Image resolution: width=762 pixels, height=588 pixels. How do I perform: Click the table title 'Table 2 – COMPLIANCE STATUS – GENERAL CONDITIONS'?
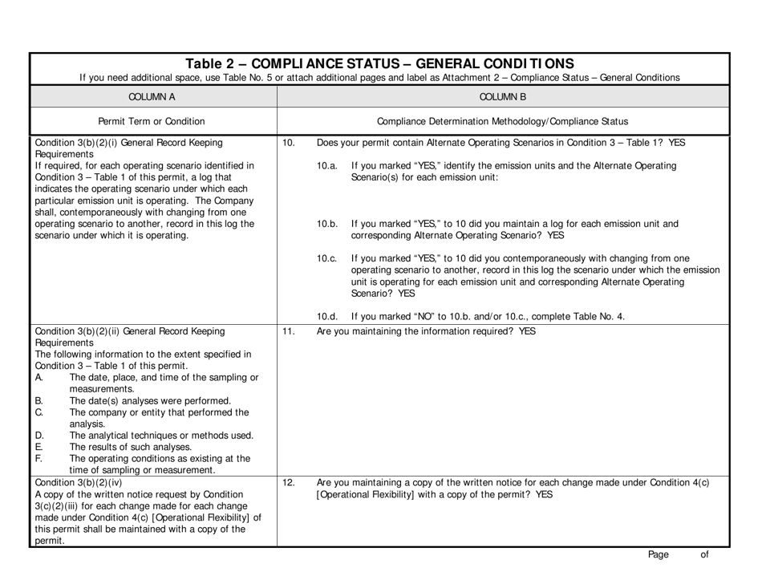tap(379, 63)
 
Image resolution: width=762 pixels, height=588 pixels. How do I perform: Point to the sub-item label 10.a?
tap(327, 166)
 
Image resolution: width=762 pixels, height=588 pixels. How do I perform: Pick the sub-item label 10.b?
tap(328, 224)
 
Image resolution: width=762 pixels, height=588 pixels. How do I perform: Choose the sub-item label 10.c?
tap(327, 258)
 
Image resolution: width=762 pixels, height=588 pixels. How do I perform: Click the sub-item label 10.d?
tap(328, 316)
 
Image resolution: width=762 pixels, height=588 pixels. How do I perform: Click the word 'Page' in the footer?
tap(659, 554)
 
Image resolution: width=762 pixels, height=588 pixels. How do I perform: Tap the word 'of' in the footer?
tap(703, 554)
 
